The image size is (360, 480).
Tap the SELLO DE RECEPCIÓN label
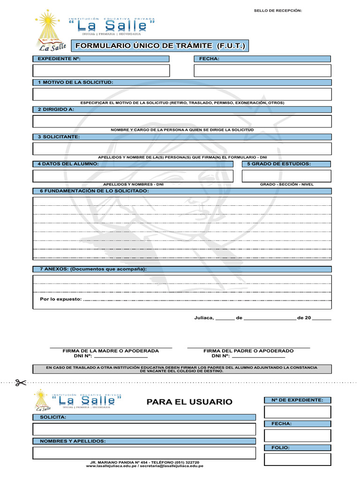point(278,10)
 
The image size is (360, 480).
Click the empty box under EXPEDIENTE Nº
point(101,70)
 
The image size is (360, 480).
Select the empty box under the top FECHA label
point(262,70)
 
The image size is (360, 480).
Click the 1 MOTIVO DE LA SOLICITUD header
point(75,82)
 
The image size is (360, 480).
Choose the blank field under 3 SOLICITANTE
point(182,149)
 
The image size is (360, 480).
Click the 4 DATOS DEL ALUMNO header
point(68,164)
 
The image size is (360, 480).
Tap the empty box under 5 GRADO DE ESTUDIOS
point(286,176)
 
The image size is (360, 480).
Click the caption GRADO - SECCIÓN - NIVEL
point(286,185)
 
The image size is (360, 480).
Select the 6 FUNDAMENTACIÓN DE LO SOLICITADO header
point(94,191)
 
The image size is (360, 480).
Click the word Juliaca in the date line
point(204,318)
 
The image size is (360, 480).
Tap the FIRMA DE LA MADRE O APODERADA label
point(111,351)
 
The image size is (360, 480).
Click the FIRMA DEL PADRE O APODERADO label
point(248,351)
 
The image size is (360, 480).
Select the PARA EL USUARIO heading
point(189,402)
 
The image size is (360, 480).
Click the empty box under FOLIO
point(298,459)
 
